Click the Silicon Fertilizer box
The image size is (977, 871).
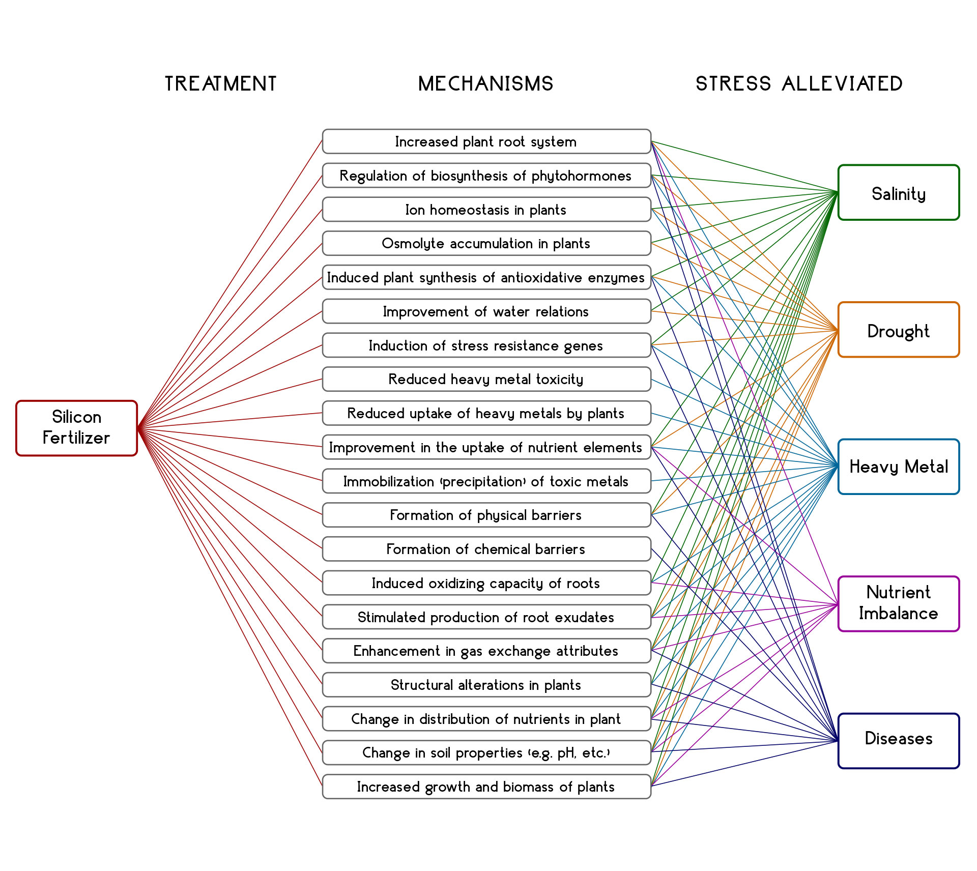(x=76, y=428)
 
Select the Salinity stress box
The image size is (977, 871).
(x=898, y=192)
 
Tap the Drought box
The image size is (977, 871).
(x=898, y=330)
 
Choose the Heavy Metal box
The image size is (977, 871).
(x=898, y=467)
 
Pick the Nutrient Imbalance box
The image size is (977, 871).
(x=898, y=603)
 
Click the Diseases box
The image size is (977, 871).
(x=898, y=740)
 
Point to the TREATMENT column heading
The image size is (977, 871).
(x=221, y=83)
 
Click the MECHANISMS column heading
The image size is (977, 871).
(x=485, y=83)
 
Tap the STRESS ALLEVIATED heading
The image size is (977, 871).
(x=799, y=83)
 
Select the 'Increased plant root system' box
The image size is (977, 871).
(x=486, y=141)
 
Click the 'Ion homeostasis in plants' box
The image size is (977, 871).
(x=486, y=210)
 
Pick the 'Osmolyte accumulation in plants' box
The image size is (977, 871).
(x=486, y=243)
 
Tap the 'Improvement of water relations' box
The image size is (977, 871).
(x=486, y=311)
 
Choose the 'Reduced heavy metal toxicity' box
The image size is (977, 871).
(x=486, y=379)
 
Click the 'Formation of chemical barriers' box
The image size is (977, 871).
(x=486, y=549)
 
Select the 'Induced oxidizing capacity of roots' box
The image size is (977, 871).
(x=486, y=583)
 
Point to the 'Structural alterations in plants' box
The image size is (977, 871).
(x=486, y=685)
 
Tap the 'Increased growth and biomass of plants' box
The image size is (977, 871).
(x=486, y=787)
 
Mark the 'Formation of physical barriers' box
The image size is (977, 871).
(x=486, y=515)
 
